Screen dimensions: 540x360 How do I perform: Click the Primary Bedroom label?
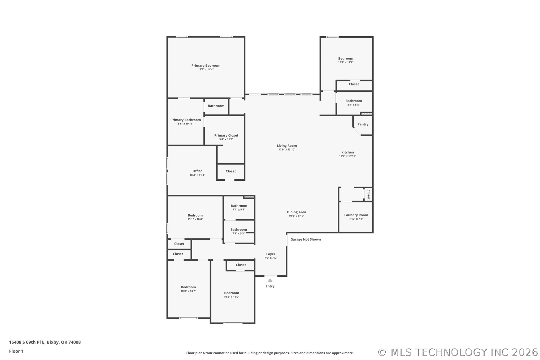(206, 66)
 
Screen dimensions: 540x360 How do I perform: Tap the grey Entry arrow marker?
(270, 280)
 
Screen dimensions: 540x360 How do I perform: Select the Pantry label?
(363, 124)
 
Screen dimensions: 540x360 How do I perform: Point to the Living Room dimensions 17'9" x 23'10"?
(287, 150)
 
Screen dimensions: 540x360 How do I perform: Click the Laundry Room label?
(356, 215)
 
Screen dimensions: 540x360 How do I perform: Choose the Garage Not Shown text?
(306, 239)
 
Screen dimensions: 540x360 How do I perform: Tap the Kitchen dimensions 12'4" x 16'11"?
(347, 156)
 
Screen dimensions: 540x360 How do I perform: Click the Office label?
(197, 171)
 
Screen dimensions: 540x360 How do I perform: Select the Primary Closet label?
(226, 135)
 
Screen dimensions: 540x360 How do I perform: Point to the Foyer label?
(271, 254)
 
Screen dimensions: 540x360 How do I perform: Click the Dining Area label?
(297, 212)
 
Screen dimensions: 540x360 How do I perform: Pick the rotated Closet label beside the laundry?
(368, 194)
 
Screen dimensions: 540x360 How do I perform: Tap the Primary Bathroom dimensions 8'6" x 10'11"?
(186, 124)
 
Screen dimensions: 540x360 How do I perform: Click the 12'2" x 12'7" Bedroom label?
(346, 58)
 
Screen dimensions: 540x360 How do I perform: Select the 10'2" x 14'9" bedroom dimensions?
(232, 297)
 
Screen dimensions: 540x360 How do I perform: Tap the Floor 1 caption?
(16, 351)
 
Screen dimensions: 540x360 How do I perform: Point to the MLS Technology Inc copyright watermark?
(458, 352)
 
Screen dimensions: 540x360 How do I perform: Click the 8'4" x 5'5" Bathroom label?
(354, 101)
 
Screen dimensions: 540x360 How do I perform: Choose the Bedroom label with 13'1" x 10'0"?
(195, 215)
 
